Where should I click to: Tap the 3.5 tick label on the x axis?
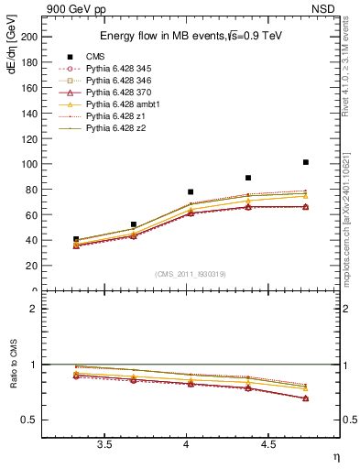(104, 444)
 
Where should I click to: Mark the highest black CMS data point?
(306, 162)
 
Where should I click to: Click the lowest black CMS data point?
(76, 239)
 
